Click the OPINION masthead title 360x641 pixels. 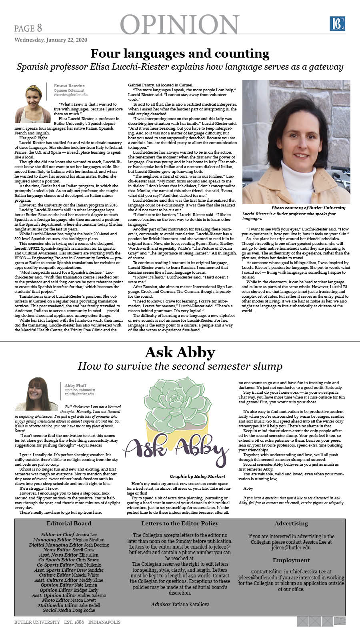click(x=180, y=25)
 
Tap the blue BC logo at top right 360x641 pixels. click(x=337, y=24)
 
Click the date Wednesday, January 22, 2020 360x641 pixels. click(x=51, y=40)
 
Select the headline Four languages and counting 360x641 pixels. click(x=180, y=54)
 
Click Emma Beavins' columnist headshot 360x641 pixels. click(x=33, y=103)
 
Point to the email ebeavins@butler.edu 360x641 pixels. click(x=71, y=95)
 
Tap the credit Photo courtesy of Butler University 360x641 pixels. click(x=308, y=208)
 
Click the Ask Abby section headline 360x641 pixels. click(x=180, y=352)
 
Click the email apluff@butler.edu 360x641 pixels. click(x=79, y=394)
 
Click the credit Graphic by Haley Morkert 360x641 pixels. click(x=197, y=476)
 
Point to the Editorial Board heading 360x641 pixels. click(x=69, y=523)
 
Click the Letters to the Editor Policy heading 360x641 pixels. click(x=180, y=523)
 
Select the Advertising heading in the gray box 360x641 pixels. click(x=291, y=523)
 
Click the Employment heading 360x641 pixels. click(x=291, y=560)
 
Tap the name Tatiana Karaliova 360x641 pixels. click(x=190, y=604)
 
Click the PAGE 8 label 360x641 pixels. click(x=28, y=28)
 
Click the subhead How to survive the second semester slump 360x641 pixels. click(x=180, y=366)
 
